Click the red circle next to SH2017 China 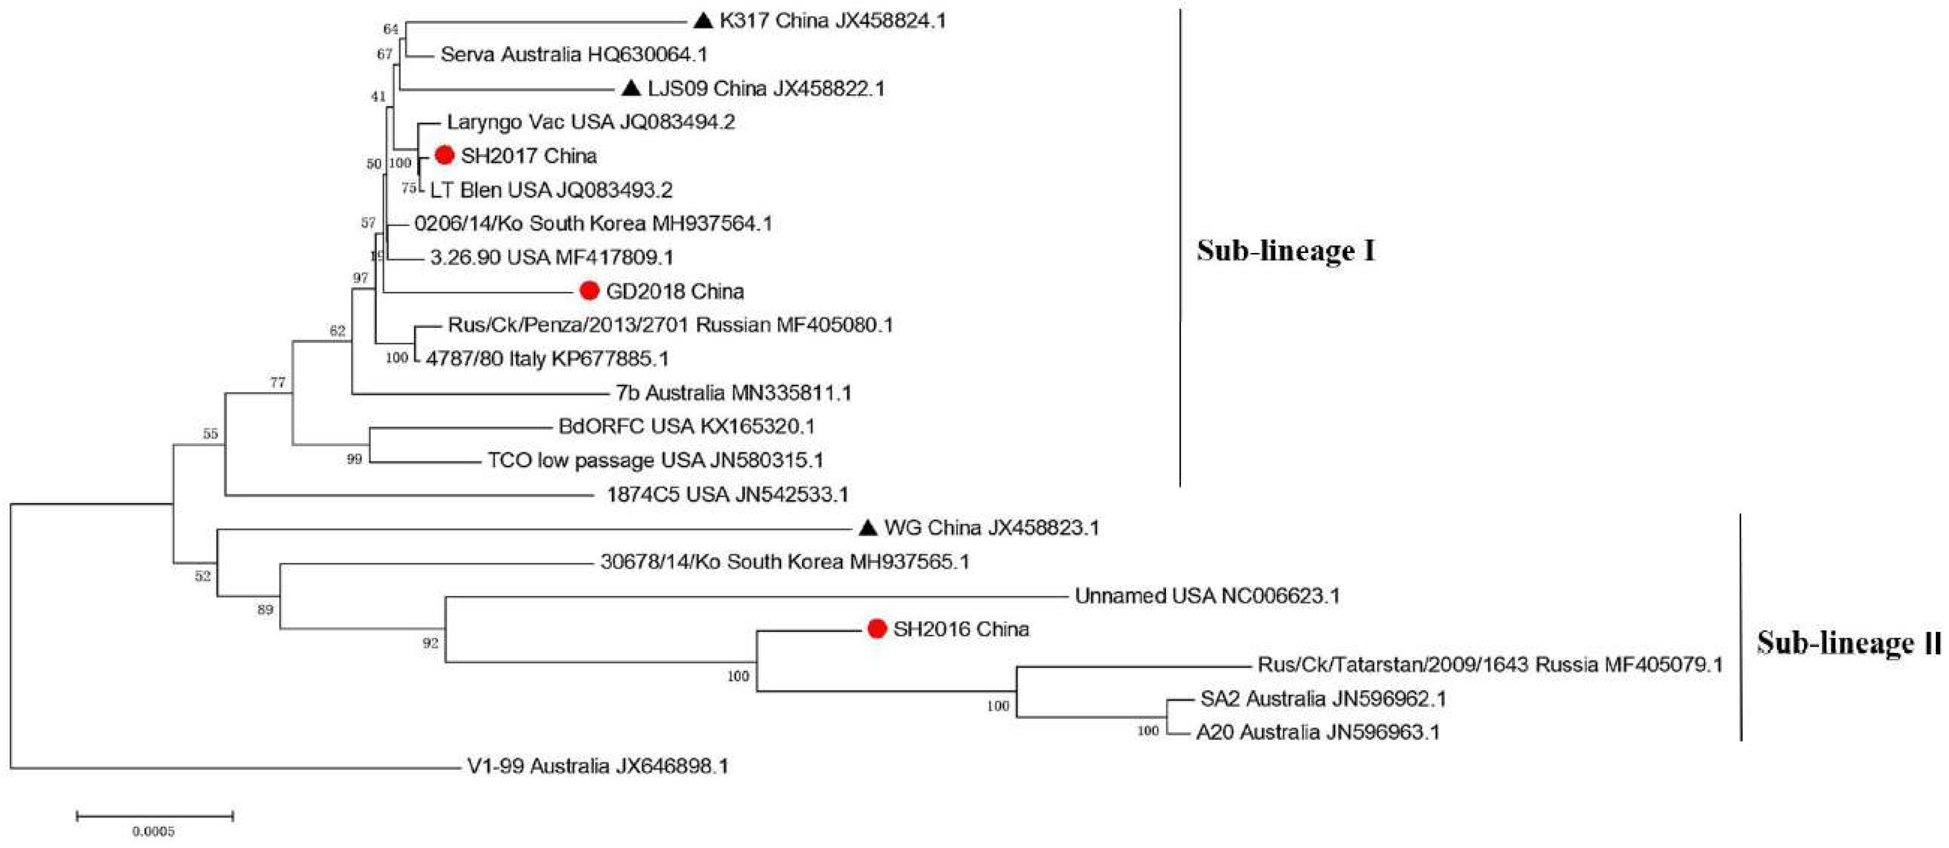point(444,156)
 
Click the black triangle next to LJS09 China point(631,89)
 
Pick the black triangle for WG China point(868,527)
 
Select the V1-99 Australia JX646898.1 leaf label point(598,766)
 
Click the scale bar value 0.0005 point(154,831)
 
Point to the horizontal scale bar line point(154,815)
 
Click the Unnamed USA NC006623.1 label point(1207,596)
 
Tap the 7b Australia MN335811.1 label point(733,393)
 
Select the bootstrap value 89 point(265,610)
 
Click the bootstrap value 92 point(431,643)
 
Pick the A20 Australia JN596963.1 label point(1317,732)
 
